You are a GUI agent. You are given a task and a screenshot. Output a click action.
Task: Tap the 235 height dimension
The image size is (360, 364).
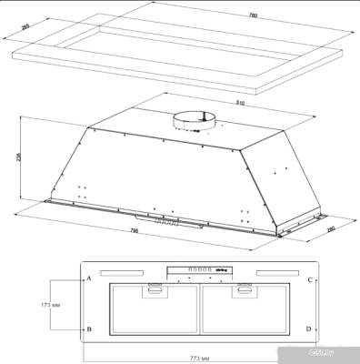click(x=20, y=156)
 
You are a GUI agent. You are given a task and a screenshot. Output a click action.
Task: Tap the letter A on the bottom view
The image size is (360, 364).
click(x=89, y=279)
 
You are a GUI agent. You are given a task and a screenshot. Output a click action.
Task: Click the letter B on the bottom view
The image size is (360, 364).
click(x=89, y=329)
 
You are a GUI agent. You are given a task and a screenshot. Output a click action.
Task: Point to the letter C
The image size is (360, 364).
click(x=310, y=279)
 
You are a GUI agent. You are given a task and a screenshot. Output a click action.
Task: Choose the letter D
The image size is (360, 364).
click(x=310, y=328)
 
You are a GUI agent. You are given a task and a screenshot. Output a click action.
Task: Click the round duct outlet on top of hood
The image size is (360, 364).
click(x=196, y=116)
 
